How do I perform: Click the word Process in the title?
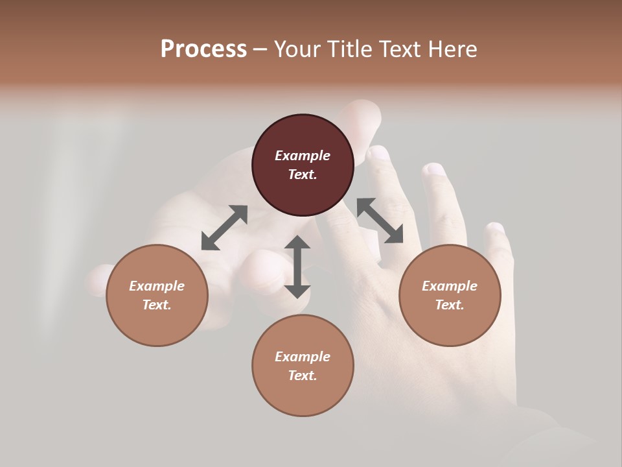pyautogui.click(x=203, y=49)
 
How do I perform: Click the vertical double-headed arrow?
pyautogui.click(x=297, y=267)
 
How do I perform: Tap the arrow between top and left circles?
pyautogui.click(x=224, y=228)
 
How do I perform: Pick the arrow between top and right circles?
pyautogui.click(x=380, y=221)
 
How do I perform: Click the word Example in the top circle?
pyautogui.click(x=303, y=156)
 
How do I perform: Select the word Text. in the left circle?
pyautogui.click(x=157, y=305)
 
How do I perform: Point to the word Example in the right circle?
pyautogui.click(x=450, y=286)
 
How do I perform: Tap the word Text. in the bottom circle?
pyautogui.click(x=303, y=376)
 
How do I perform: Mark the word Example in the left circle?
pyautogui.click(x=157, y=286)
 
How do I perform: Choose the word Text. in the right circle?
pyautogui.click(x=450, y=305)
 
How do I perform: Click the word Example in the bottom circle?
pyautogui.click(x=303, y=357)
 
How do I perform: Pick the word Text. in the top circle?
pyautogui.click(x=303, y=174)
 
